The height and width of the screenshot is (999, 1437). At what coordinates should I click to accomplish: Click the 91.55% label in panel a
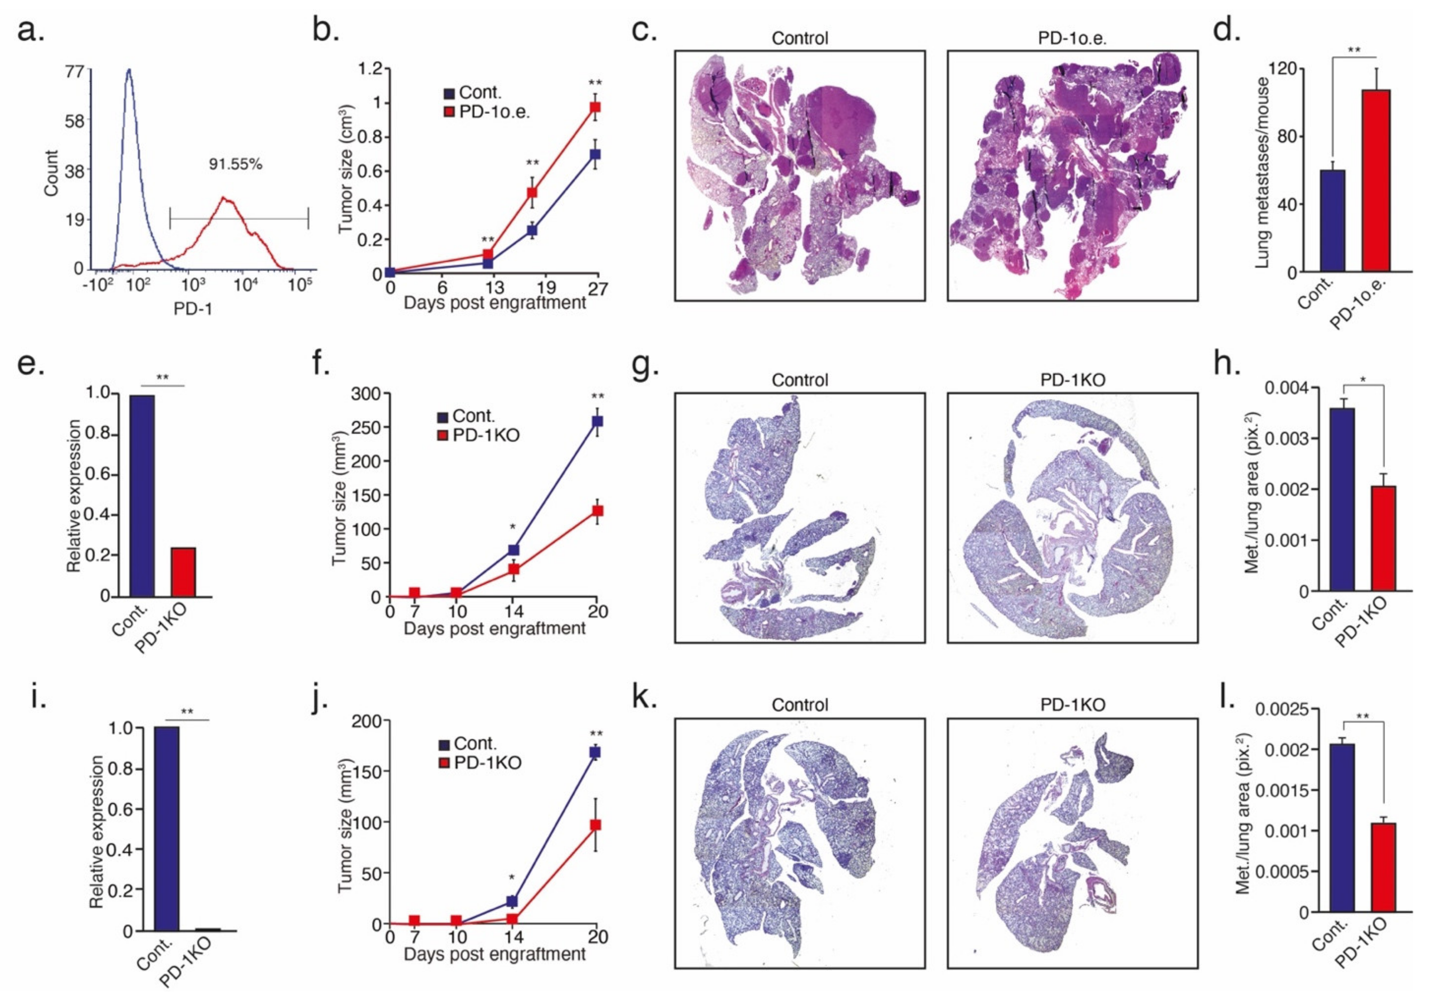(235, 165)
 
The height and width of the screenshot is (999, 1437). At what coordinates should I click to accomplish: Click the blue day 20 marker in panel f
(598, 421)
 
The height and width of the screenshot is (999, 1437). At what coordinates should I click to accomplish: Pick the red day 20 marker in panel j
(596, 825)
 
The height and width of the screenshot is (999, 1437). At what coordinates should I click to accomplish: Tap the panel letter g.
(645, 364)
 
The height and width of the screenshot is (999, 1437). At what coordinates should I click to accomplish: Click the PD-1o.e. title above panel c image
(1072, 38)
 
